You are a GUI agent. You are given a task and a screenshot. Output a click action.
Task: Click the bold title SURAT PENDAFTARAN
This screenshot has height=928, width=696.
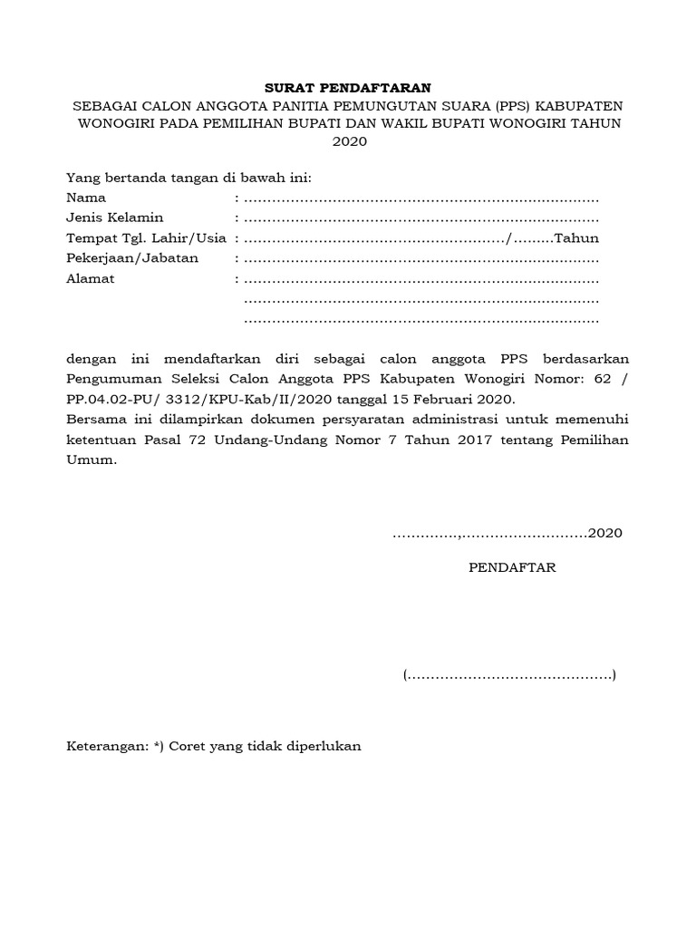(348, 88)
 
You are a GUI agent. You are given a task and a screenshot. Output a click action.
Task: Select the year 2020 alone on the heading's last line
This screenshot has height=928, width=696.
(348, 142)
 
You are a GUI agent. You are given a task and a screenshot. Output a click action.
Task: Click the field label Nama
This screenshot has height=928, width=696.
(86, 198)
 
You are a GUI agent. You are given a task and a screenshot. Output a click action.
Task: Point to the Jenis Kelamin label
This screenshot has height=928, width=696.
(114, 217)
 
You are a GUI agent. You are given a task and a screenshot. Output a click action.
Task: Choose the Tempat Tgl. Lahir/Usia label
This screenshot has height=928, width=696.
(149, 238)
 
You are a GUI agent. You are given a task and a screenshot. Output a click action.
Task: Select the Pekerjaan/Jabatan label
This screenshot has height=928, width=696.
(131, 258)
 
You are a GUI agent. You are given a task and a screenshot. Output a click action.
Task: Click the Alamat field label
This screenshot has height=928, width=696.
(91, 279)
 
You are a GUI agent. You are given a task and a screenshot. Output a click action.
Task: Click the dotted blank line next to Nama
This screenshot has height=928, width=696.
(421, 198)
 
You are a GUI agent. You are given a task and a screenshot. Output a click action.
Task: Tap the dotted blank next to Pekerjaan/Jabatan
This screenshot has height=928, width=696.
(421, 259)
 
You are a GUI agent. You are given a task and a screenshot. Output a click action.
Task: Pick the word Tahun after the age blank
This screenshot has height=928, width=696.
(576, 238)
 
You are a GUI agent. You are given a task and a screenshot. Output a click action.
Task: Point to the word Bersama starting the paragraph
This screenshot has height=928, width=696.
(96, 420)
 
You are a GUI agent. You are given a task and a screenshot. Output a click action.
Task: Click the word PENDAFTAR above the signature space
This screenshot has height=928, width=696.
(512, 568)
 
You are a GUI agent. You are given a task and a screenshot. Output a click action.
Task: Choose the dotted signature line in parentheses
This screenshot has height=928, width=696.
(509, 676)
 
